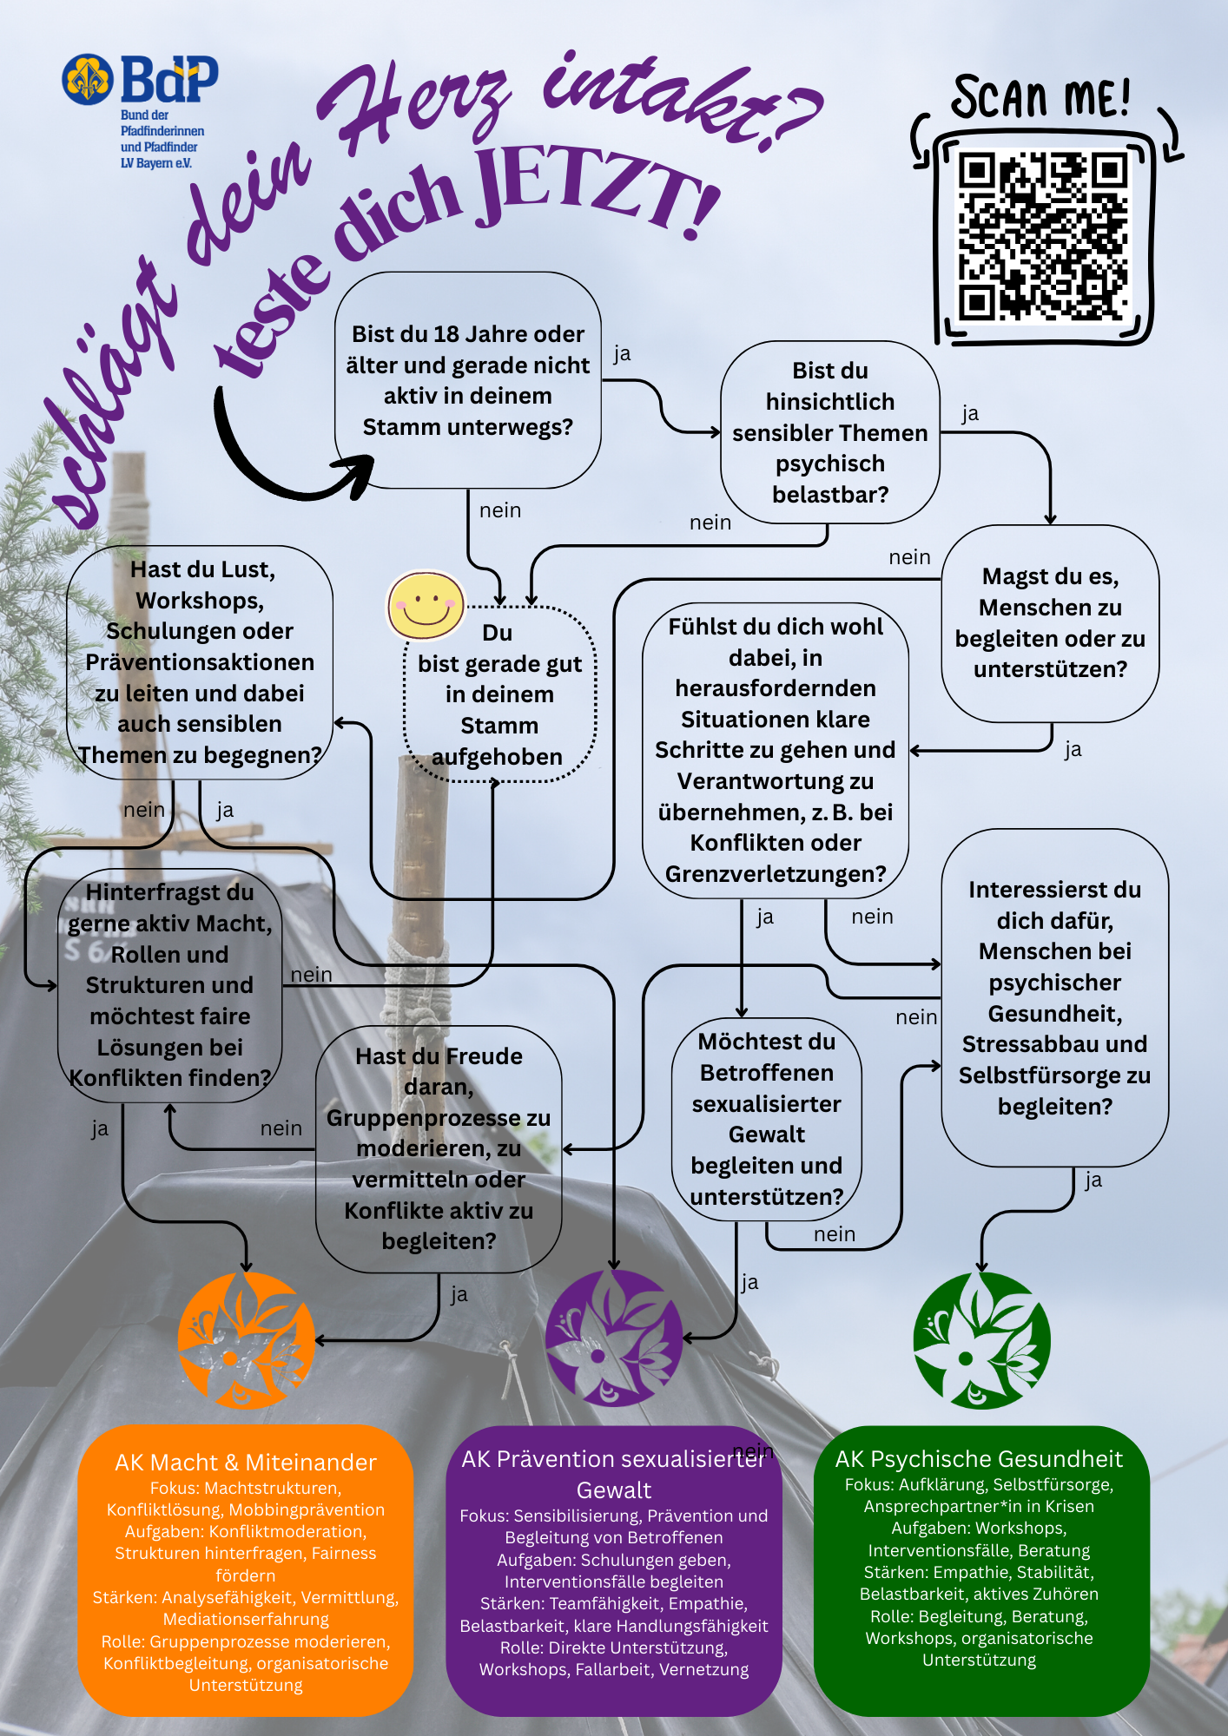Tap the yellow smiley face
click(425, 605)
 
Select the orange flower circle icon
click(246, 1340)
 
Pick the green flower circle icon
click(981, 1340)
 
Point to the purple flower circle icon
click(613, 1338)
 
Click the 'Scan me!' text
click(1040, 97)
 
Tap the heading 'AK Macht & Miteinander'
click(246, 1463)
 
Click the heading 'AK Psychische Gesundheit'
click(979, 1459)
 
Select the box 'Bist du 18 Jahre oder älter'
click(467, 380)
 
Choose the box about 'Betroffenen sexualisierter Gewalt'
click(767, 1119)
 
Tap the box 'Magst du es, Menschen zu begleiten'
click(1050, 623)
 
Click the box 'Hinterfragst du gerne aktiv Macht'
click(170, 985)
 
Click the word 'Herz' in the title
click(417, 108)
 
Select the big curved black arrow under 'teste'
click(278, 460)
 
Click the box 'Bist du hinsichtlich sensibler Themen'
click(829, 432)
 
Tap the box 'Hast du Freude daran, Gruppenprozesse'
click(439, 1148)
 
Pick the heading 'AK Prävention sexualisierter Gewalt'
click(613, 1475)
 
